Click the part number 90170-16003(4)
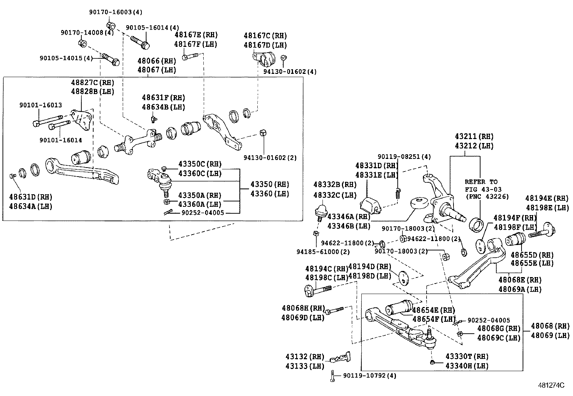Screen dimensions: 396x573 coord(116,12)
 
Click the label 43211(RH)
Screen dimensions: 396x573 coord(474,137)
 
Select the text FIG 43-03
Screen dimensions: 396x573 coord(483,189)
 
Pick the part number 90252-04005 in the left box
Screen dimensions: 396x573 coord(203,213)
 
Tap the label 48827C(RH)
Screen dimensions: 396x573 coord(92,82)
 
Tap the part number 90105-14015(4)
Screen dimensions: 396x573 coord(66,58)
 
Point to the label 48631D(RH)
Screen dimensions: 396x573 coord(31,197)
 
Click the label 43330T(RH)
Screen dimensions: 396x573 coord(467,356)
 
